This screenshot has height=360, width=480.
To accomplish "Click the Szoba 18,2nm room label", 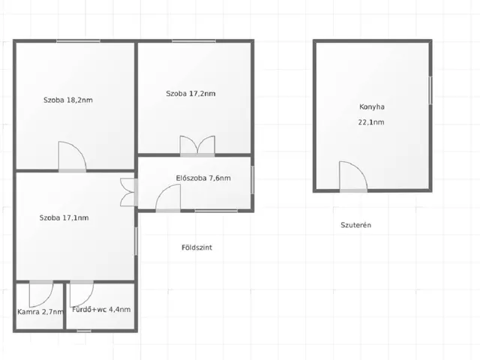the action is pyautogui.click(x=68, y=100).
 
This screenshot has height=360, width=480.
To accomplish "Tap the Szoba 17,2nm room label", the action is pyautogui.click(x=190, y=94).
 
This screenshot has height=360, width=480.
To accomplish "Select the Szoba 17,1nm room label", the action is pyautogui.click(x=64, y=218).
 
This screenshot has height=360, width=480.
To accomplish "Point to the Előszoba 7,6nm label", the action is pyautogui.click(x=203, y=178).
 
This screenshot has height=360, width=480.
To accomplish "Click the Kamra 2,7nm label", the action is pyautogui.click(x=40, y=312).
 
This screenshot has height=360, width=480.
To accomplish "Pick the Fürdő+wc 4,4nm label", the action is pyautogui.click(x=101, y=310).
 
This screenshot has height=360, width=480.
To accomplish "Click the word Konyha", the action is pyautogui.click(x=372, y=106).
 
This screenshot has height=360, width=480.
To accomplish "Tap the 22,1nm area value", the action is pyautogui.click(x=371, y=122).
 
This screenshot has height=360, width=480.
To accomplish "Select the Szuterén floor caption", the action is pyautogui.click(x=356, y=225).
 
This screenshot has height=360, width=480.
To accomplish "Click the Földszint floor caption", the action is pyautogui.click(x=196, y=247).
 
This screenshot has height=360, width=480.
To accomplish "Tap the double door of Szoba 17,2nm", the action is pyautogui.click(x=197, y=145).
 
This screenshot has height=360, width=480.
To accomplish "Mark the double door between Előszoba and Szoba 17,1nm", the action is pyautogui.click(x=127, y=192).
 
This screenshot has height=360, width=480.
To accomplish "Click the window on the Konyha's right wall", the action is pyautogui.click(x=430, y=90).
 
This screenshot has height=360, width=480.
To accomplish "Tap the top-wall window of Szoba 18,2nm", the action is pyautogui.click(x=78, y=41).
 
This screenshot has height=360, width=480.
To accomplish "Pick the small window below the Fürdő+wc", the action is pyautogui.click(x=84, y=331).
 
